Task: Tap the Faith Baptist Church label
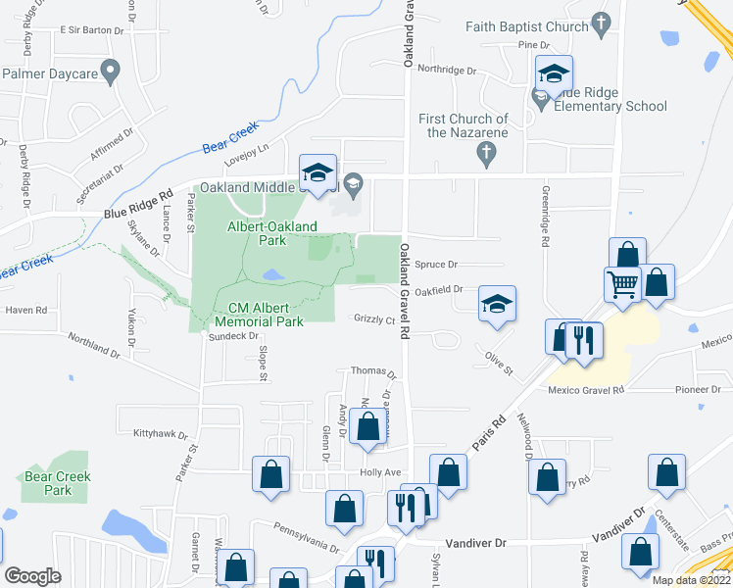pyautogui.click(x=525, y=27)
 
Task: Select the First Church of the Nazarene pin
pyautogui.click(x=483, y=152)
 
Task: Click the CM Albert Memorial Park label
pyautogui.click(x=259, y=314)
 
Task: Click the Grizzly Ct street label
pyautogui.click(x=374, y=320)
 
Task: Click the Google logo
pyautogui.click(x=32, y=576)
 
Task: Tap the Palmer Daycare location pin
pyautogui.click(x=111, y=70)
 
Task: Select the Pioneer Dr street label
pyautogui.click(x=698, y=390)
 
